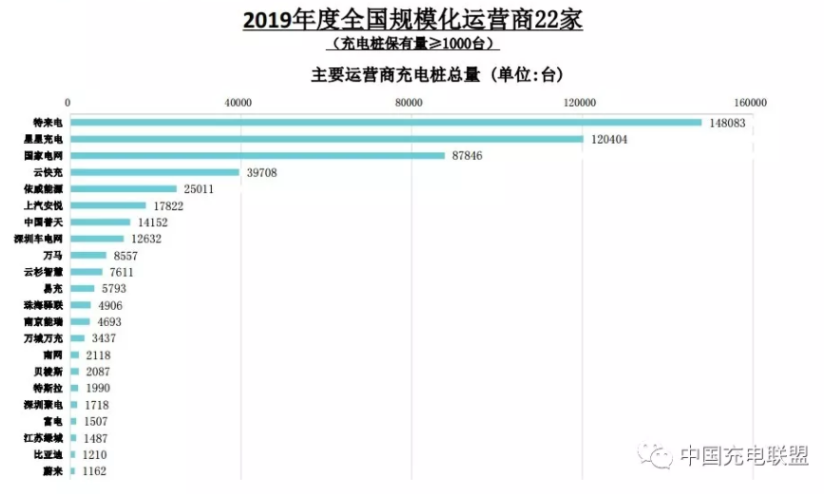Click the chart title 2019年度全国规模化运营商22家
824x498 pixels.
click(412, 19)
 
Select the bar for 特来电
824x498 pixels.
click(385, 122)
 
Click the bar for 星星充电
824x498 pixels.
click(326, 139)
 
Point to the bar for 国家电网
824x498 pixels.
click(257, 155)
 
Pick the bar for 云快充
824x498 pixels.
click(154, 172)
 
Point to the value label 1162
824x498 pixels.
click(94, 470)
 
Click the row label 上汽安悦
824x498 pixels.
click(43, 205)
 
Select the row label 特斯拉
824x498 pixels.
click(47, 388)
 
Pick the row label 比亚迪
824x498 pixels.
click(47, 454)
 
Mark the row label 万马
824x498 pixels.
click(53, 256)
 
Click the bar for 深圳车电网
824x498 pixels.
click(96, 239)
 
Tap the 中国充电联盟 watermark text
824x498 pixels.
click(744, 455)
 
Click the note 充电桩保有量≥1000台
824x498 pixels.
click(412, 44)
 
